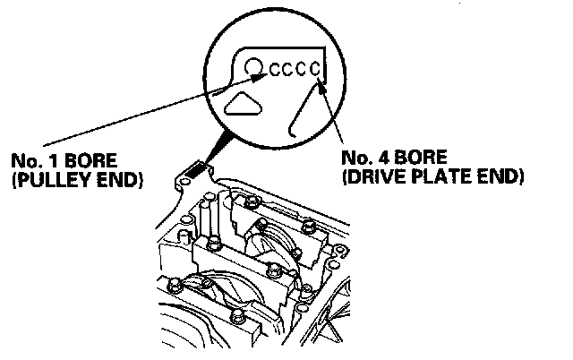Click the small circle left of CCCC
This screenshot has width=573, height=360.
(254, 66)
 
